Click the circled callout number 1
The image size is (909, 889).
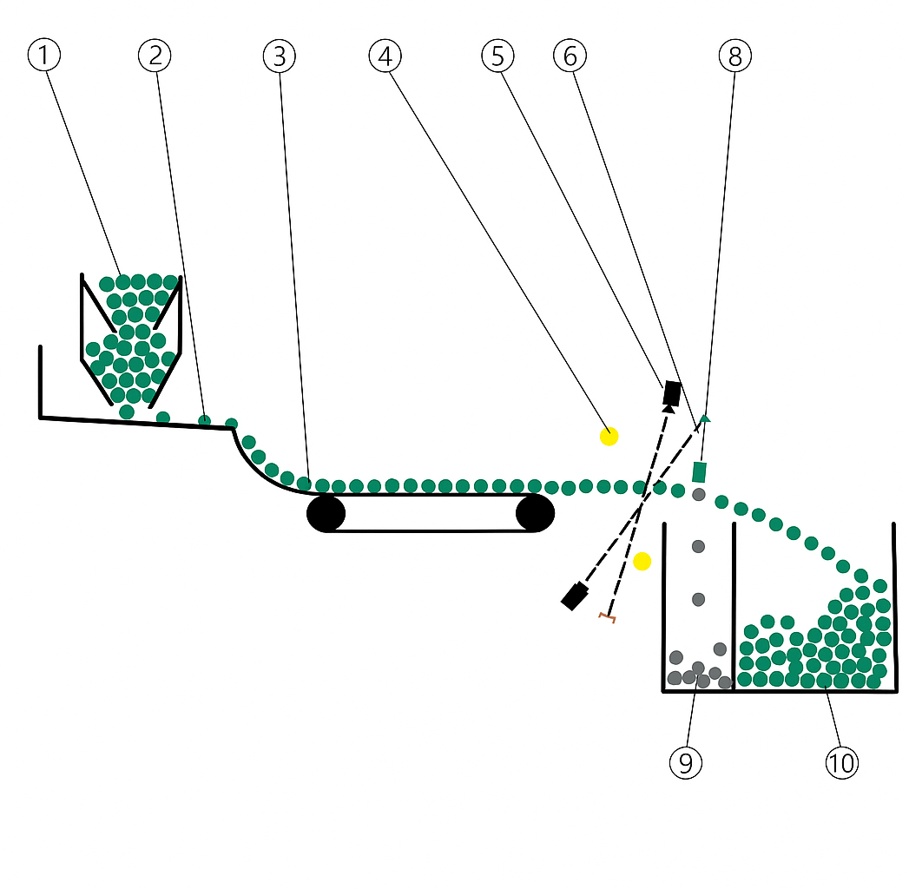(44, 56)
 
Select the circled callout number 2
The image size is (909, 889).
(155, 56)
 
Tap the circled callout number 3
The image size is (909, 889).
(280, 56)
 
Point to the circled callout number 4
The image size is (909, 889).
(385, 56)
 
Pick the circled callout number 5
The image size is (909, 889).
(497, 56)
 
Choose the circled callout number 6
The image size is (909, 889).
(570, 56)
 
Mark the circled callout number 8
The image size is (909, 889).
(734, 56)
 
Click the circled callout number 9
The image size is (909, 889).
(686, 763)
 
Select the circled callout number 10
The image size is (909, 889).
(840, 763)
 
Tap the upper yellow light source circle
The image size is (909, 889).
(609, 436)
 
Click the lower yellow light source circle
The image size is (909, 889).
(642, 562)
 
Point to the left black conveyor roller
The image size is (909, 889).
(326, 514)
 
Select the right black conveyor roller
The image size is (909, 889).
(535, 514)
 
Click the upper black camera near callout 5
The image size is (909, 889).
(672, 392)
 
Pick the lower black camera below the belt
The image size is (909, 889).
(574, 596)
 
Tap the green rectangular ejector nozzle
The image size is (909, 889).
(699, 472)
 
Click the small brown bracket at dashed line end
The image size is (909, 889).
(607, 617)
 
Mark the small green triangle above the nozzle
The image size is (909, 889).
(705, 418)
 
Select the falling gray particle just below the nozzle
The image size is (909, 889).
(698, 495)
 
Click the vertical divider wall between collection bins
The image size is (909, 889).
(734, 608)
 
